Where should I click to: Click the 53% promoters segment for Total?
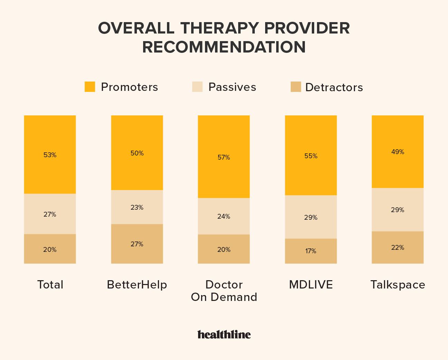(50, 154)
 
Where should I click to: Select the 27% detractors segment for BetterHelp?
(137, 244)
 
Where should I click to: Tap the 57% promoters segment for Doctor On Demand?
(224, 157)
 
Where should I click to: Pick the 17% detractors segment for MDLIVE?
(311, 251)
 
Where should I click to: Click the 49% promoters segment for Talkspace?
(398, 152)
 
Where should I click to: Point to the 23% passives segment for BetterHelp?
(137, 207)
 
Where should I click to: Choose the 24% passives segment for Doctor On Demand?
(224, 216)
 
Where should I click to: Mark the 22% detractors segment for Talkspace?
(398, 247)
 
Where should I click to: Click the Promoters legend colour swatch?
(90, 87)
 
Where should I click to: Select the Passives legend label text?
(232, 87)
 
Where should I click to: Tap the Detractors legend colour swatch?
(296, 87)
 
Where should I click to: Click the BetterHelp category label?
(137, 285)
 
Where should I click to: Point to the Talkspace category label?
(398, 285)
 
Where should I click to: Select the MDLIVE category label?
(311, 285)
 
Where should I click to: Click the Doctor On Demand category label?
(224, 291)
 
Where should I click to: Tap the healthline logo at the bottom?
(224, 334)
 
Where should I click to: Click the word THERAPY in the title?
(220, 28)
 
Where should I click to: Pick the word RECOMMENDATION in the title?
(224, 47)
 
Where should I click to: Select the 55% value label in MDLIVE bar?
(311, 156)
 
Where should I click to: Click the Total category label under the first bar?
(50, 285)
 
